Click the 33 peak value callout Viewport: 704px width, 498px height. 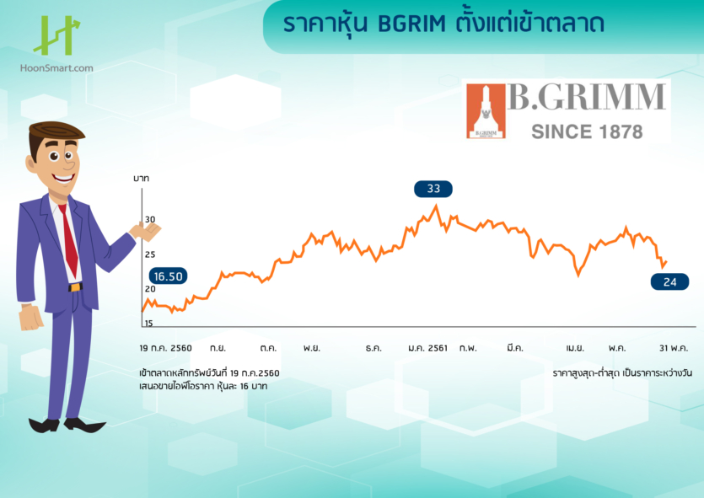click(433, 189)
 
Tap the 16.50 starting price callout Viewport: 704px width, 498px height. click(167, 276)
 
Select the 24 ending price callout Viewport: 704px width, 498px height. click(670, 282)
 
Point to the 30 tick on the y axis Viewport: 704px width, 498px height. click(150, 220)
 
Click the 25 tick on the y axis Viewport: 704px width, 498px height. click(150, 254)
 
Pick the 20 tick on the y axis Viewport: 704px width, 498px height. click(150, 289)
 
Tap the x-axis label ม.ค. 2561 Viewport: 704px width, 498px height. click(428, 347)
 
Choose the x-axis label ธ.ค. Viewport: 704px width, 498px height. click(374, 347)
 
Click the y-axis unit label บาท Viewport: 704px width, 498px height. click(142, 179)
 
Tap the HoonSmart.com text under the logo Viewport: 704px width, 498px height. click(57, 68)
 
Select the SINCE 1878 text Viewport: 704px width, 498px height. click(587, 132)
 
